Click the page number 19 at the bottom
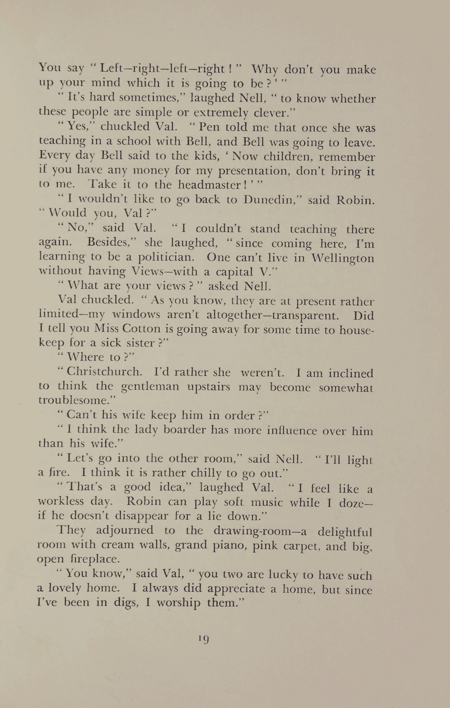click(204, 639)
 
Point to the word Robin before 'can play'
click(144, 501)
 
